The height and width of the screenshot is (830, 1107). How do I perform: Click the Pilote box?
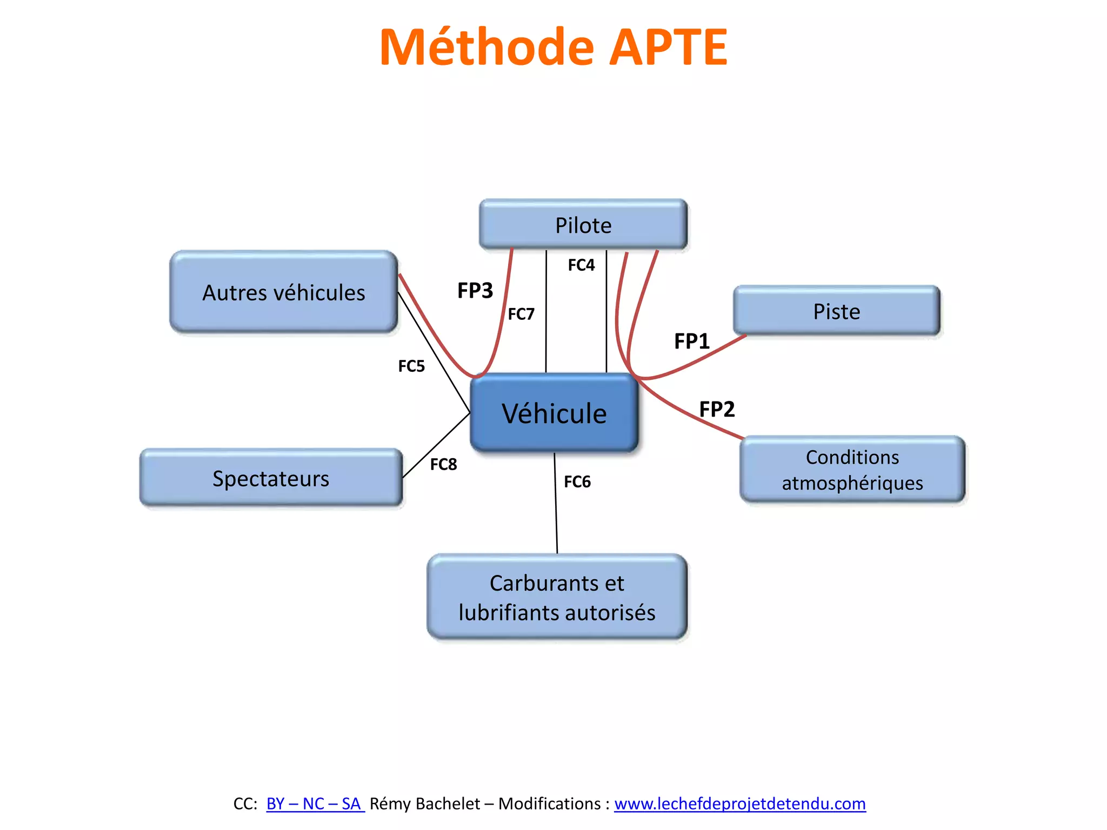(583, 225)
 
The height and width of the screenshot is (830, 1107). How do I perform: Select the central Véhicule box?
(554, 413)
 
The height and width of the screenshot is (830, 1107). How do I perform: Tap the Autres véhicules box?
(284, 292)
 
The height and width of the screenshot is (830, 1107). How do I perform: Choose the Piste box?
(836, 311)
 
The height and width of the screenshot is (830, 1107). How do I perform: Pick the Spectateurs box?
(271, 478)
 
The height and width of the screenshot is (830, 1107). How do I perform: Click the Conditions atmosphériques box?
(852, 470)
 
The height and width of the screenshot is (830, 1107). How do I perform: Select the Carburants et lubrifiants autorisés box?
(557, 597)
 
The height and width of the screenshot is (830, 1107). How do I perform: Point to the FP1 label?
(691, 342)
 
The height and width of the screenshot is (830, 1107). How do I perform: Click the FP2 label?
(717, 409)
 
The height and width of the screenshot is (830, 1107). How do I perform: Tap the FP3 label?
(475, 291)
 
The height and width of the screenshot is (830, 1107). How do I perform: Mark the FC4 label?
(581, 265)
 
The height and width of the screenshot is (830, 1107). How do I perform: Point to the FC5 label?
(411, 366)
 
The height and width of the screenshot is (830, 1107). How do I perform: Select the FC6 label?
(577, 481)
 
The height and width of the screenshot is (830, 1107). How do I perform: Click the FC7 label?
(521, 314)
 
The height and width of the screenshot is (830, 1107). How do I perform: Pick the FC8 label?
(443, 464)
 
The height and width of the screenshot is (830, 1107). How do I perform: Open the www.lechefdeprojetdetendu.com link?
(739, 804)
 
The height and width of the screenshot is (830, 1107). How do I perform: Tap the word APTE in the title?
(668, 48)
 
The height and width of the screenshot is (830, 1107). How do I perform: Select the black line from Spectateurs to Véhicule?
(436, 446)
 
